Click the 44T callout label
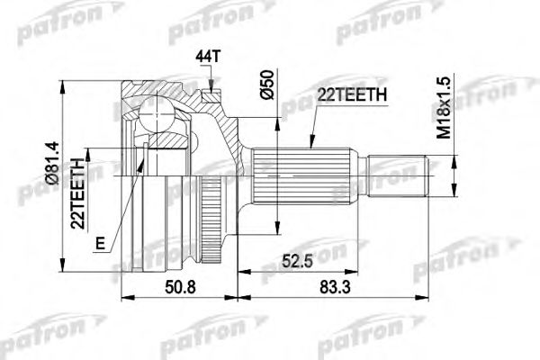point(207,57)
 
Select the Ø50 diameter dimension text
point(267,85)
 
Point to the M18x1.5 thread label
point(445,108)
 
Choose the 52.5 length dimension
point(297,261)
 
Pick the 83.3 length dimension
point(335,287)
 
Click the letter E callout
point(100,244)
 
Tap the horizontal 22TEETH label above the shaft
point(352,94)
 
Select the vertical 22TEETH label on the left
point(77,193)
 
